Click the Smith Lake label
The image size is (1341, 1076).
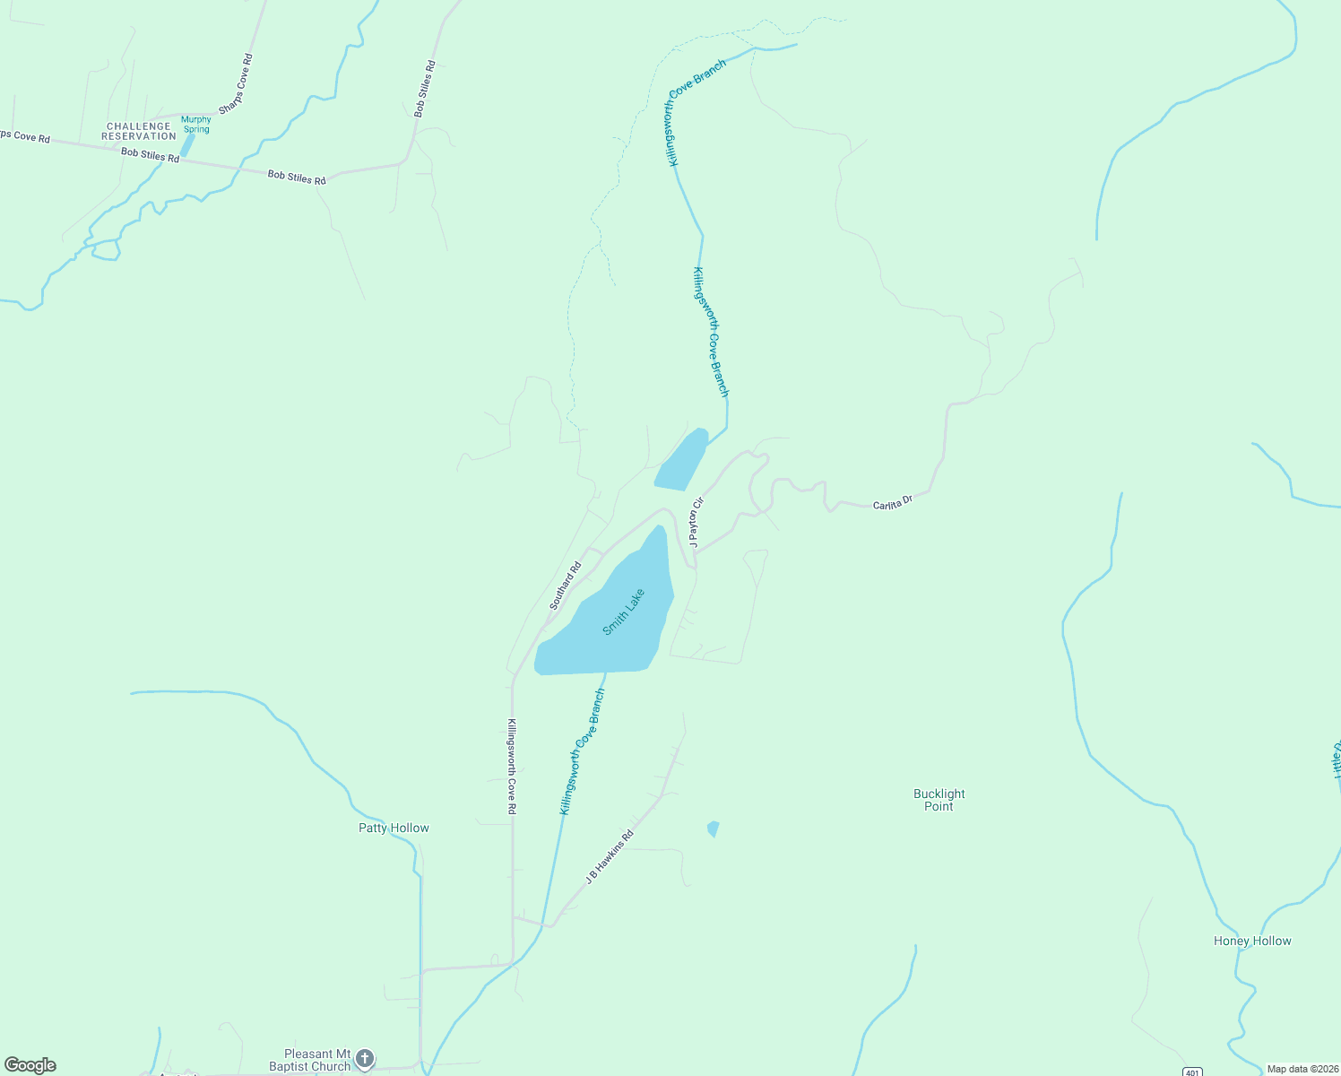coord(624,612)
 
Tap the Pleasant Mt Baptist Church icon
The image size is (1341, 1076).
coord(364,1059)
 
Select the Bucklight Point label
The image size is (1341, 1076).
coord(939,800)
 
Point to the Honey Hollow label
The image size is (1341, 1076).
coord(1252,941)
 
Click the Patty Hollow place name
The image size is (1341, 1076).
coord(394,828)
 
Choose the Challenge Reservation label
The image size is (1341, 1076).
coord(139,131)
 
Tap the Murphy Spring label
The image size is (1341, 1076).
coord(196,124)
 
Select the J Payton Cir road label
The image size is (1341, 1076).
coord(696,522)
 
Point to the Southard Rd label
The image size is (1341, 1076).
coord(566,586)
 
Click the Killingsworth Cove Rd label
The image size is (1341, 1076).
coord(512,767)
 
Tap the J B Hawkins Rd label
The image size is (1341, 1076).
coord(610,857)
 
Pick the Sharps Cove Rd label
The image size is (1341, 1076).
coord(237,83)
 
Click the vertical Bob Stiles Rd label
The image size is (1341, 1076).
coord(425,89)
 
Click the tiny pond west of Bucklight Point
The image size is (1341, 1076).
coord(714,829)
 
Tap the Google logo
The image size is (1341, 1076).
coord(30,1065)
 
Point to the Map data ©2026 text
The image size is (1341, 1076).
coord(1302,1069)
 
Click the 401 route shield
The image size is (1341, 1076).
coord(1191,1072)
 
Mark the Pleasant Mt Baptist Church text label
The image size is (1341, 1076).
coord(310,1060)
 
